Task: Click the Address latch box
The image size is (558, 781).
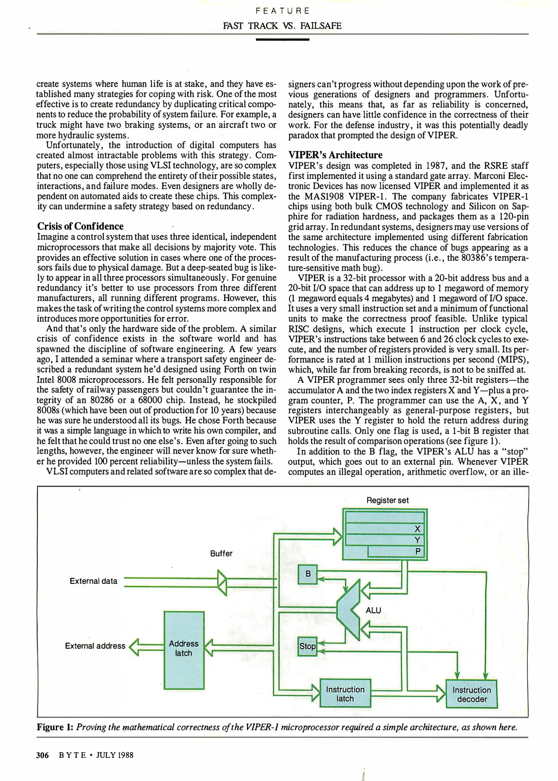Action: coord(184,650)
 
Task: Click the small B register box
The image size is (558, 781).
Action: coord(308,574)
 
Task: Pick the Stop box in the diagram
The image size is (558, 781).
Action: coord(307,646)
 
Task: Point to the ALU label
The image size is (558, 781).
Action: coord(373,610)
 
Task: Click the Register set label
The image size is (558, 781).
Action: coord(387,500)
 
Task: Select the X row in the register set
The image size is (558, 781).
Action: coord(385,529)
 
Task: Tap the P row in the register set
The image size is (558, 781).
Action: coord(396,552)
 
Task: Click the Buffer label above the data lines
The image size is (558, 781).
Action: coord(221,554)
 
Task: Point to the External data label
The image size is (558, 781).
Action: coord(93,581)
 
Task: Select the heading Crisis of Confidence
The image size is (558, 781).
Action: coord(80,226)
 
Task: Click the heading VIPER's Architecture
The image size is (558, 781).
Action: coord(335,155)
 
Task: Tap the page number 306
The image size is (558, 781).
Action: coord(42,755)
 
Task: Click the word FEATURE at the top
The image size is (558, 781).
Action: coord(282,11)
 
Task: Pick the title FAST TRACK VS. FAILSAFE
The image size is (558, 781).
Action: coord(282,26)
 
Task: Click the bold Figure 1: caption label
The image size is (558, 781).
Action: coord(55,727)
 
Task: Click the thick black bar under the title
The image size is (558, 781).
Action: coord(282,39)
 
